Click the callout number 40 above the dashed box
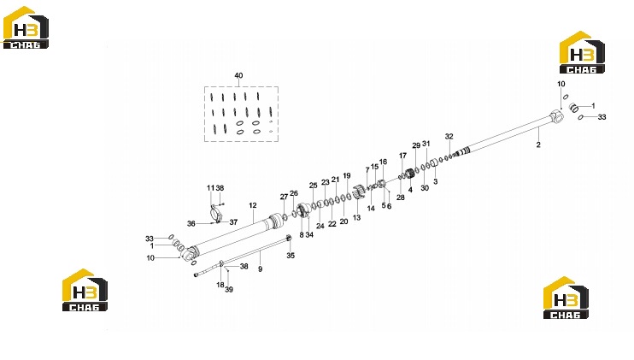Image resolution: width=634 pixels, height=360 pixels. tap(238, 75)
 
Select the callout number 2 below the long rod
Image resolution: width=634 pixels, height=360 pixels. tap(538, 145)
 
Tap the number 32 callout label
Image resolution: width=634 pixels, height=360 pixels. tap(449, 137)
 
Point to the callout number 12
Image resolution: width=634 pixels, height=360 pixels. tap(253, 205)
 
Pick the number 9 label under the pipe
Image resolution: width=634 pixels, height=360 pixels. tap(260, 269)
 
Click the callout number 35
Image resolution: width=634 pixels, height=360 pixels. tap(291, 256)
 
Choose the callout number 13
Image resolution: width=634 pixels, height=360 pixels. tap(356, 217)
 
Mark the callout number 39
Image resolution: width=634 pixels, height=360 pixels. tap(229, 290)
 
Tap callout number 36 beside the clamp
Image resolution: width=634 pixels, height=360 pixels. tap(191, 224)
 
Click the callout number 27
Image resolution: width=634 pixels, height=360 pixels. tap(284, 197)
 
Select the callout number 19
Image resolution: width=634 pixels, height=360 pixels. tap(347, 176)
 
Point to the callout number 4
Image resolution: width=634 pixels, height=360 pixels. tap(410, 190)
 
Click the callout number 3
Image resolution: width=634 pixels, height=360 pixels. tap(435, 181)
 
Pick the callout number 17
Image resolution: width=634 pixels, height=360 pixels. tap(402, 156)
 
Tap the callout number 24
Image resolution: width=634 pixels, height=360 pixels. tap(320, 226)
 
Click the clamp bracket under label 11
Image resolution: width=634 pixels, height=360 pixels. tap(215, 213)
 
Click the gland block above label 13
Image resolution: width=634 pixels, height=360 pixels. tap(356, 192)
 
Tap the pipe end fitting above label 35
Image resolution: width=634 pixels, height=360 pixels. tap(289, 239)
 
